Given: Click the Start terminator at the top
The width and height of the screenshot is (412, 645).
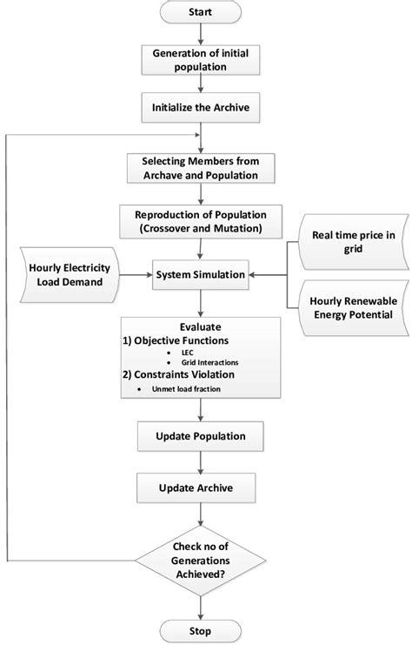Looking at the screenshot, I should point(201,15).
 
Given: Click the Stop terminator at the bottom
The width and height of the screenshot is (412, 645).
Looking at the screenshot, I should point(202,629).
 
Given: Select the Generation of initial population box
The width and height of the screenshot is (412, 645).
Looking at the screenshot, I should point(201,59).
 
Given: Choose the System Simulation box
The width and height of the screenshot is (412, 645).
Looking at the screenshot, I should point(201,275).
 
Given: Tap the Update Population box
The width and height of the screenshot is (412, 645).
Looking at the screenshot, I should point(201,435).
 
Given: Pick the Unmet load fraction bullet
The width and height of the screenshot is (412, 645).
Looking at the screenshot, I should point(178,390).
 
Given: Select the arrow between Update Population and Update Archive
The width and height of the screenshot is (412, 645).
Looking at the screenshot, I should point(201,461).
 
